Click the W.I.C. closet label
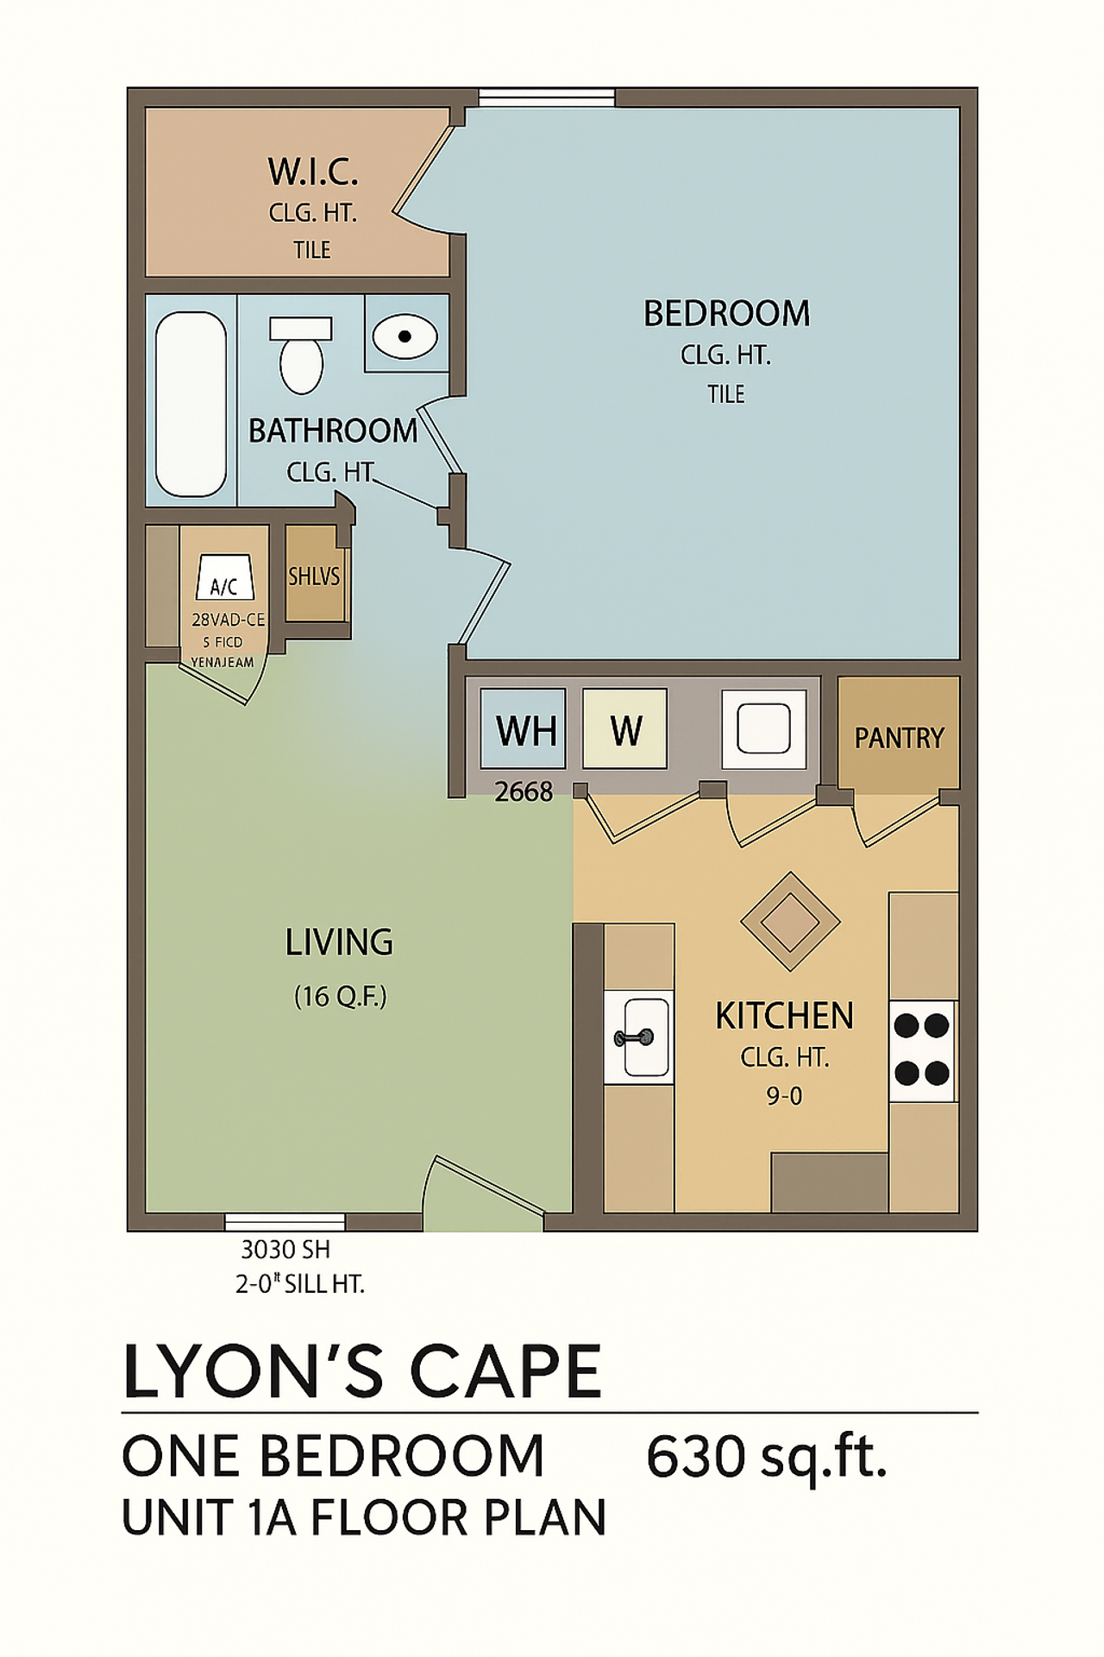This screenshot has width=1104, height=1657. point(312,172)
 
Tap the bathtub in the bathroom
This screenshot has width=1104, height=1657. point(191,403)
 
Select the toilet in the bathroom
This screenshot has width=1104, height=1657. point(301,356)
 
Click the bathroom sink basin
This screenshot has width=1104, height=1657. point(405,336)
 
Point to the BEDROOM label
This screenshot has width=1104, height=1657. point(726,313)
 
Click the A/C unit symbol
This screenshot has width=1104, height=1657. point(224,578)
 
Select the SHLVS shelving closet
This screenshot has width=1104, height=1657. point(314,576)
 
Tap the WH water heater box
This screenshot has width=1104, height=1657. point(524,729)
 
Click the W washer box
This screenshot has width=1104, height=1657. point(625,729)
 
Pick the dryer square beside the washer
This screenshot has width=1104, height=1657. point(763,729)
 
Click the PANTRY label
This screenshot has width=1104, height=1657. point(899,738)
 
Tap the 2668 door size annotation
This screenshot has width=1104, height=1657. point(523,791)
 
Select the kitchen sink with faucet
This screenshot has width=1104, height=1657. point(639,1036)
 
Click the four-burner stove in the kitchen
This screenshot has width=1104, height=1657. point(922,1049)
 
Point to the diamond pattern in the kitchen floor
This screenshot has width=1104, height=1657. point(790,921)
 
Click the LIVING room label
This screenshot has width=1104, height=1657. point(339,942)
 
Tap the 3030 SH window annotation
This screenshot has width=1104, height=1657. point(285,1249)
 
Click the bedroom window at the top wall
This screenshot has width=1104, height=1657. point(547,97)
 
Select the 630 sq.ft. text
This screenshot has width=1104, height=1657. point(766,1458)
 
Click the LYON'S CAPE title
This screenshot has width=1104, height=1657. point(362,1372)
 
